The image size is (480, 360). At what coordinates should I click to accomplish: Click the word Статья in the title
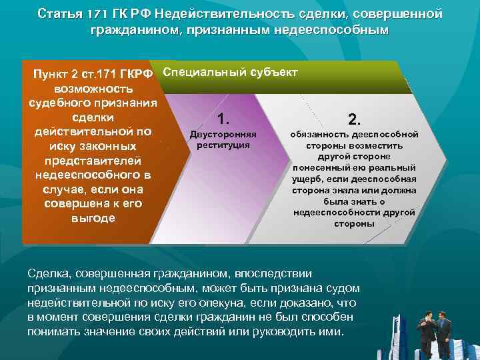pyautogui.click(x=57, y=14)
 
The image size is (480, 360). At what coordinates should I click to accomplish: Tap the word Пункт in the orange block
pyautogui.click(x=43, y=73)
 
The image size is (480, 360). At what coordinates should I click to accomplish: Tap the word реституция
pyautogui.click(x=219, y=144)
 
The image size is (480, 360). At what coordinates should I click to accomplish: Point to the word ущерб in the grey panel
pyautogui.click(x=306, y=179)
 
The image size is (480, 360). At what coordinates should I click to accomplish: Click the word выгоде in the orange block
pyautogui.click(x=93, y=219)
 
